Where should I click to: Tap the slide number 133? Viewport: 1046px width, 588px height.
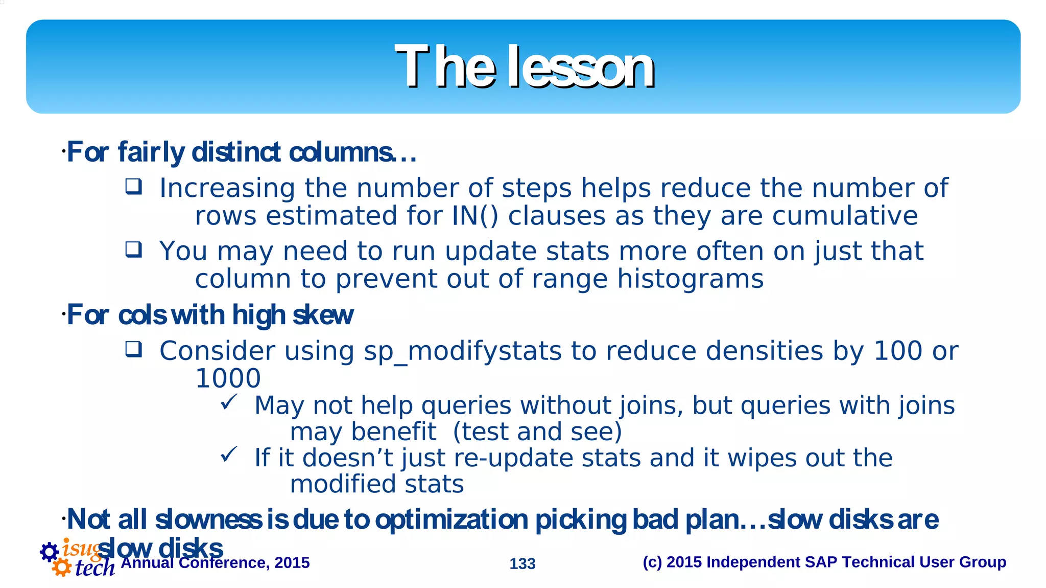tap(522, 563)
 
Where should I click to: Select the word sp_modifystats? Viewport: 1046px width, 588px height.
tap(462, 352)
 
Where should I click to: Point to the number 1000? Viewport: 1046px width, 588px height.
tap(228, 379)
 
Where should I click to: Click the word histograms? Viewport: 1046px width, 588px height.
tap(690, 279)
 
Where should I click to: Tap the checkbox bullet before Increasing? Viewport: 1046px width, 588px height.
tap(134, 187)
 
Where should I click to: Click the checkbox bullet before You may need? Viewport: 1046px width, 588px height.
tap(134, 250)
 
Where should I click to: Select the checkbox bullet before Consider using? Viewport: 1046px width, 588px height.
tap(134, 350)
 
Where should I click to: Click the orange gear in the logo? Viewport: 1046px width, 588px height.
tap(62, 567)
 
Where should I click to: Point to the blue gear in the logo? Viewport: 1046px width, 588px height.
tap(49, 552)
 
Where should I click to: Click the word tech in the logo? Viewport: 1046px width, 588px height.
tap(95, 568)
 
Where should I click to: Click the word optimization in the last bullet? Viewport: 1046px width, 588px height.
tap(451, 520)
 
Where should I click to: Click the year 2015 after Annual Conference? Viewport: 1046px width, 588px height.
tap(292, 563)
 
